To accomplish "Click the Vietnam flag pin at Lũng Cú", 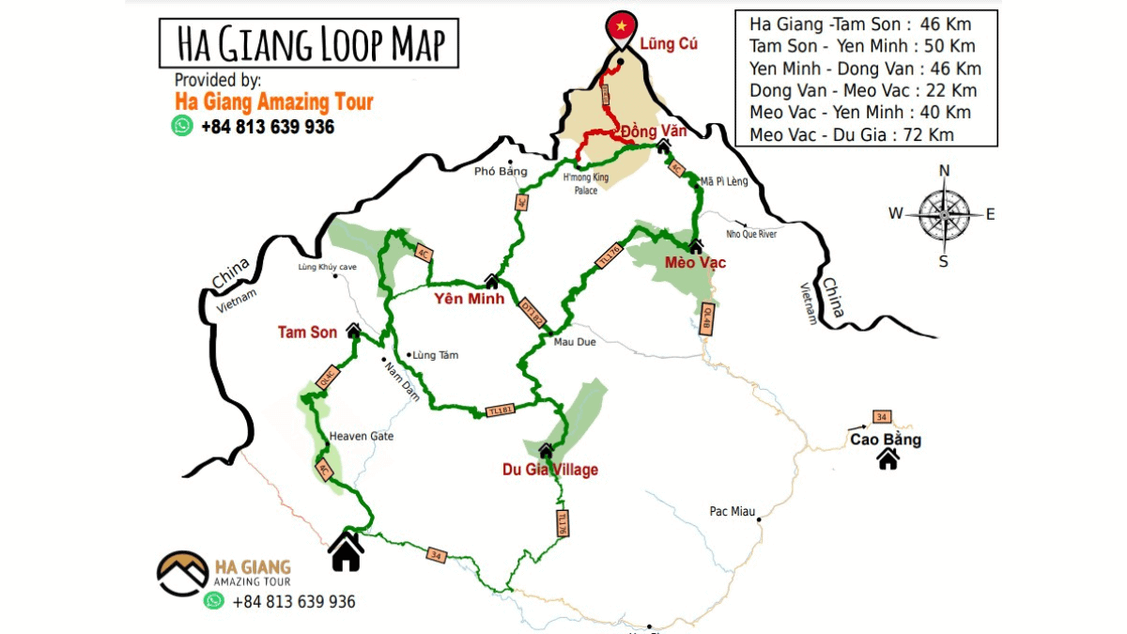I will (620, 28).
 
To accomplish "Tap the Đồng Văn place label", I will (655, 131).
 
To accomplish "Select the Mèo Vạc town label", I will (695, 263).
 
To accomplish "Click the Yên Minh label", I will (470, 300).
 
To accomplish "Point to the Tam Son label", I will (307, 332).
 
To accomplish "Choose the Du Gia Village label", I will (549, 470).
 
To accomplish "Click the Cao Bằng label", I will (886, 440).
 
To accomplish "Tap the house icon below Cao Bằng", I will (888, 459).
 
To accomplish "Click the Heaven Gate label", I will (362, 437).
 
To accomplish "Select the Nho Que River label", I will (751, 234).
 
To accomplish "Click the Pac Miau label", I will (733, 512).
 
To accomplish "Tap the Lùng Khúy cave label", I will (328, 268).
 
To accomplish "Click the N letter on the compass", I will (945, 171).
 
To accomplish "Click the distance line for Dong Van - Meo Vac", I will (863, 90).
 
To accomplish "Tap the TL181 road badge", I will (500, 410).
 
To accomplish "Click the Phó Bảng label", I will (501, 171).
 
